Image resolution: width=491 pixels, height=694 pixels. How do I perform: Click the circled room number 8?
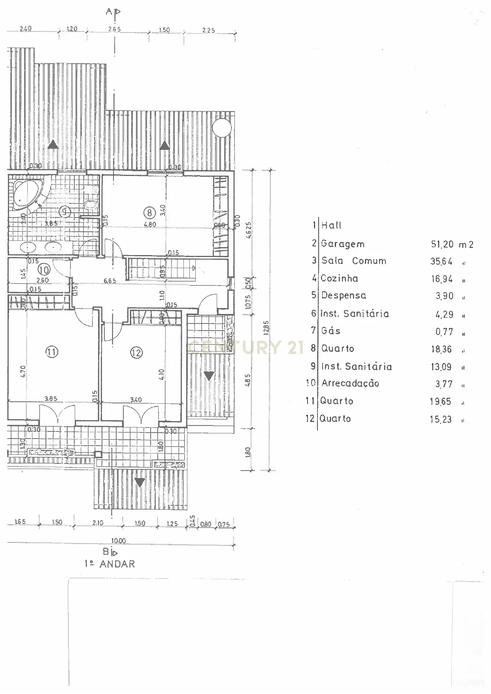149,213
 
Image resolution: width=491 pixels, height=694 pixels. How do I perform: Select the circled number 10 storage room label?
44,270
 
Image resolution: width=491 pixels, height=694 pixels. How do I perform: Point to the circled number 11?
52,352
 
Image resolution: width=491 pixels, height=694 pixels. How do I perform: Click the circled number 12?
136,352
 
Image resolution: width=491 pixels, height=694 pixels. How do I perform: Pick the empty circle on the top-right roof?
221,127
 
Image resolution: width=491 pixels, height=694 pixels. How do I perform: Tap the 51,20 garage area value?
442,244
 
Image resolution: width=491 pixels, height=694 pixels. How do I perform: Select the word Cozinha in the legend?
339,278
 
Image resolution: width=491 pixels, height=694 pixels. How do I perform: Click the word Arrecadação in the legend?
350,383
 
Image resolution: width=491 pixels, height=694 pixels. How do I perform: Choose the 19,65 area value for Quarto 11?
440,402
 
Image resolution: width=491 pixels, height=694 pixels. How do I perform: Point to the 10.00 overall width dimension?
118,541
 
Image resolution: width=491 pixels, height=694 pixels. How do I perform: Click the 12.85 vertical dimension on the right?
266,328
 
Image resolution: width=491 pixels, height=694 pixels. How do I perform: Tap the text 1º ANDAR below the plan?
110,564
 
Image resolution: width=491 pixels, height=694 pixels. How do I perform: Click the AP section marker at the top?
113,12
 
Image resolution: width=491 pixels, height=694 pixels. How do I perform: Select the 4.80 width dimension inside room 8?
149,224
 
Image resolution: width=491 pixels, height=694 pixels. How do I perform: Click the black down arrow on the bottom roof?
140,482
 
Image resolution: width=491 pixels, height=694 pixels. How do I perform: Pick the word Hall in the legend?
331,225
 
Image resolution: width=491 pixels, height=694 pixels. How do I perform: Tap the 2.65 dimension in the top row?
114,29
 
